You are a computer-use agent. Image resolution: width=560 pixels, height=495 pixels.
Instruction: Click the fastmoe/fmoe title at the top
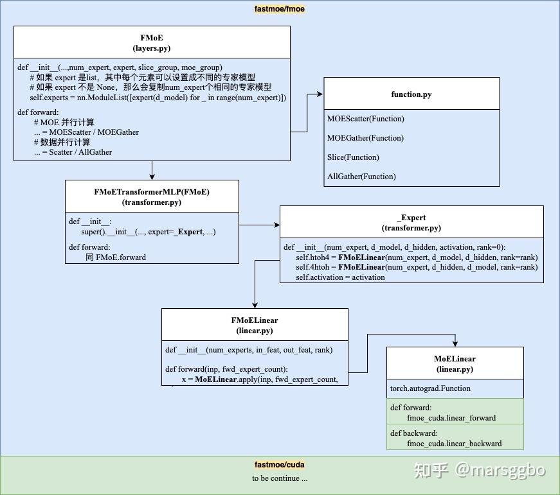(279, 9)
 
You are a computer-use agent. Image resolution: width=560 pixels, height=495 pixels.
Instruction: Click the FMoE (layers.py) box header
(152, 42)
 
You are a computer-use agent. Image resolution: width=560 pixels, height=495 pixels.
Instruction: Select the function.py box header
(411, 94)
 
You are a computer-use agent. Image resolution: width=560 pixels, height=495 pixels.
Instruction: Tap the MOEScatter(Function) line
(366, 119)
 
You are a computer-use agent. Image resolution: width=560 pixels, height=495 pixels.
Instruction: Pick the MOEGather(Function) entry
(365, 138)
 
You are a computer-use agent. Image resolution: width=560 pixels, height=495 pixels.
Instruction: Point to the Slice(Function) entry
(353, 157)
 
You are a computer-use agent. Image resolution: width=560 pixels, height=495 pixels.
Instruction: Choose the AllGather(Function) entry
(361, 177)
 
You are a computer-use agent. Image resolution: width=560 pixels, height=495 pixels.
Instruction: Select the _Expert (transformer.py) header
(411, 222)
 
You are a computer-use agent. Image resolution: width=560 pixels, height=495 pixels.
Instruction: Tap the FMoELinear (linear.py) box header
(255, 325)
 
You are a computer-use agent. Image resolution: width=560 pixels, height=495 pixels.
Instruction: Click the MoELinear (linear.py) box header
(455, 363)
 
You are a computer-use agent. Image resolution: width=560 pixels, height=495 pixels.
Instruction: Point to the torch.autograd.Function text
(430, 388)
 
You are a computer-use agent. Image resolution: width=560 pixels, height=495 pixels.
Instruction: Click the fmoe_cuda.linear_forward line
(451, 418)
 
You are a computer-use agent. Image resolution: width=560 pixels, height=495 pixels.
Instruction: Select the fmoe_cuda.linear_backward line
(455, 444)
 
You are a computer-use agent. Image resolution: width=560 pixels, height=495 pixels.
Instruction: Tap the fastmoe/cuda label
(279, 465)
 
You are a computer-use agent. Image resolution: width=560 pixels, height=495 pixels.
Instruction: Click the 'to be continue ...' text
(280, 478)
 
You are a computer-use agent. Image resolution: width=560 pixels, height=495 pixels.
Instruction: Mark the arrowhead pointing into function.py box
(320, 94)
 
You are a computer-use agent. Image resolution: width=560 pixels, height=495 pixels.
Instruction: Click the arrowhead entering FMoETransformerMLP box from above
(152, 177)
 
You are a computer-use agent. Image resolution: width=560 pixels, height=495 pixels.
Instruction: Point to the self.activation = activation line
(340, 277)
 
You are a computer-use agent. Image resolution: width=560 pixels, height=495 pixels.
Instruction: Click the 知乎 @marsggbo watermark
(480, 471)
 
